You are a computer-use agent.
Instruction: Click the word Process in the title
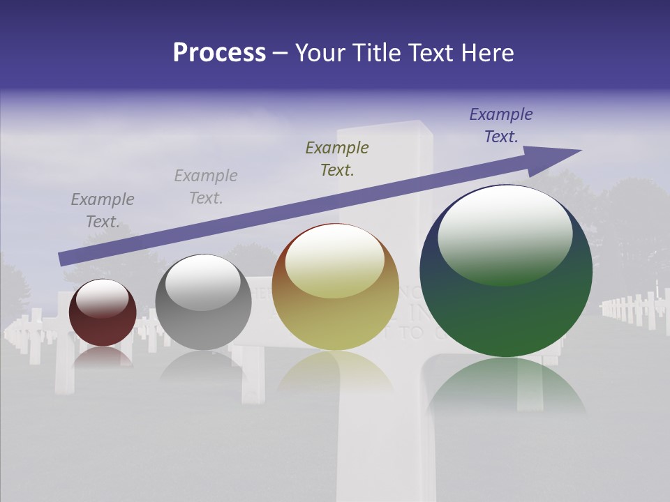click(219, 53)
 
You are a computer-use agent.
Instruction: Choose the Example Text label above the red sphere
click(103, 211)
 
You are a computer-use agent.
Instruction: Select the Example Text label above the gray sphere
click(206, 187)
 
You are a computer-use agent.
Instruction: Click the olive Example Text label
click(337, 158)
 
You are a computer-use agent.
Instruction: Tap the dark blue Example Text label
click(501, 125)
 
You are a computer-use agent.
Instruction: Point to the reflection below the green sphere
click(506, 387)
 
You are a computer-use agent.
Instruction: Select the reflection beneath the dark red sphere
click(103, 356)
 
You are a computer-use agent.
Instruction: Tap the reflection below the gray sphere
click(203, 366)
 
